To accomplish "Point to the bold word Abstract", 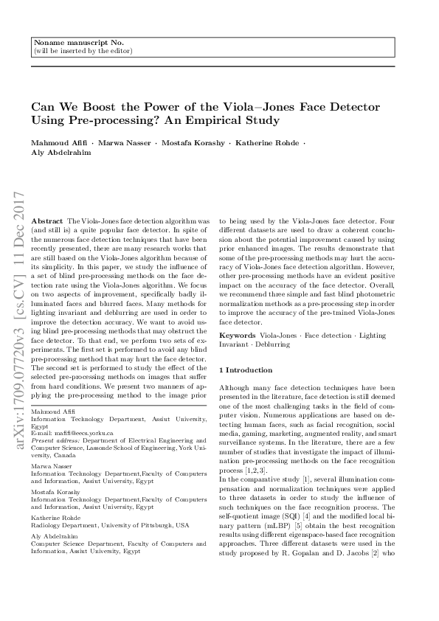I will pos(47,221).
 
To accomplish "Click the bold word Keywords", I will pos(238,336).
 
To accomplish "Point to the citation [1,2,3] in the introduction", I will pos(254,469).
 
